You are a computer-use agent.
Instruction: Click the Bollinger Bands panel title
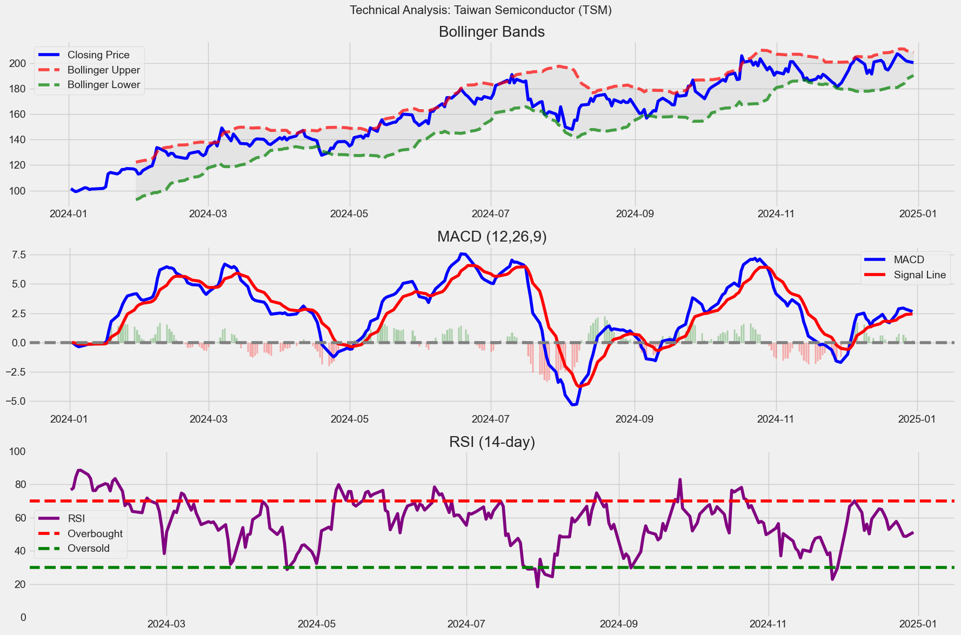click(491, 32)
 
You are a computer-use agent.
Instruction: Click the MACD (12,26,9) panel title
click(491, 237)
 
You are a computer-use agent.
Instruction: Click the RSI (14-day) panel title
click(491, 442)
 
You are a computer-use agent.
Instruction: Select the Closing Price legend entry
click(98, 55)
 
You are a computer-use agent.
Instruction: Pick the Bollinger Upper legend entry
click(103, 70)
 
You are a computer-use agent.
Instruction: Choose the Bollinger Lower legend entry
click(103, 85)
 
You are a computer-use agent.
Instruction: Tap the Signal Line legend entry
click(919, 275)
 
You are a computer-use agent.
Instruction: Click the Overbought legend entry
click(95, 533)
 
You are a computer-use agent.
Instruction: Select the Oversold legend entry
click(88, 549)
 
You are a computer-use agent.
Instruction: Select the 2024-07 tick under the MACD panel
click(491, 419)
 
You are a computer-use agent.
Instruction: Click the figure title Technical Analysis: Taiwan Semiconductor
click(480, 10)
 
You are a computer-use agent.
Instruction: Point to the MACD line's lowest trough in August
click(574, 405)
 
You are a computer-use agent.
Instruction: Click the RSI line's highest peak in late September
click(680, 479)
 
